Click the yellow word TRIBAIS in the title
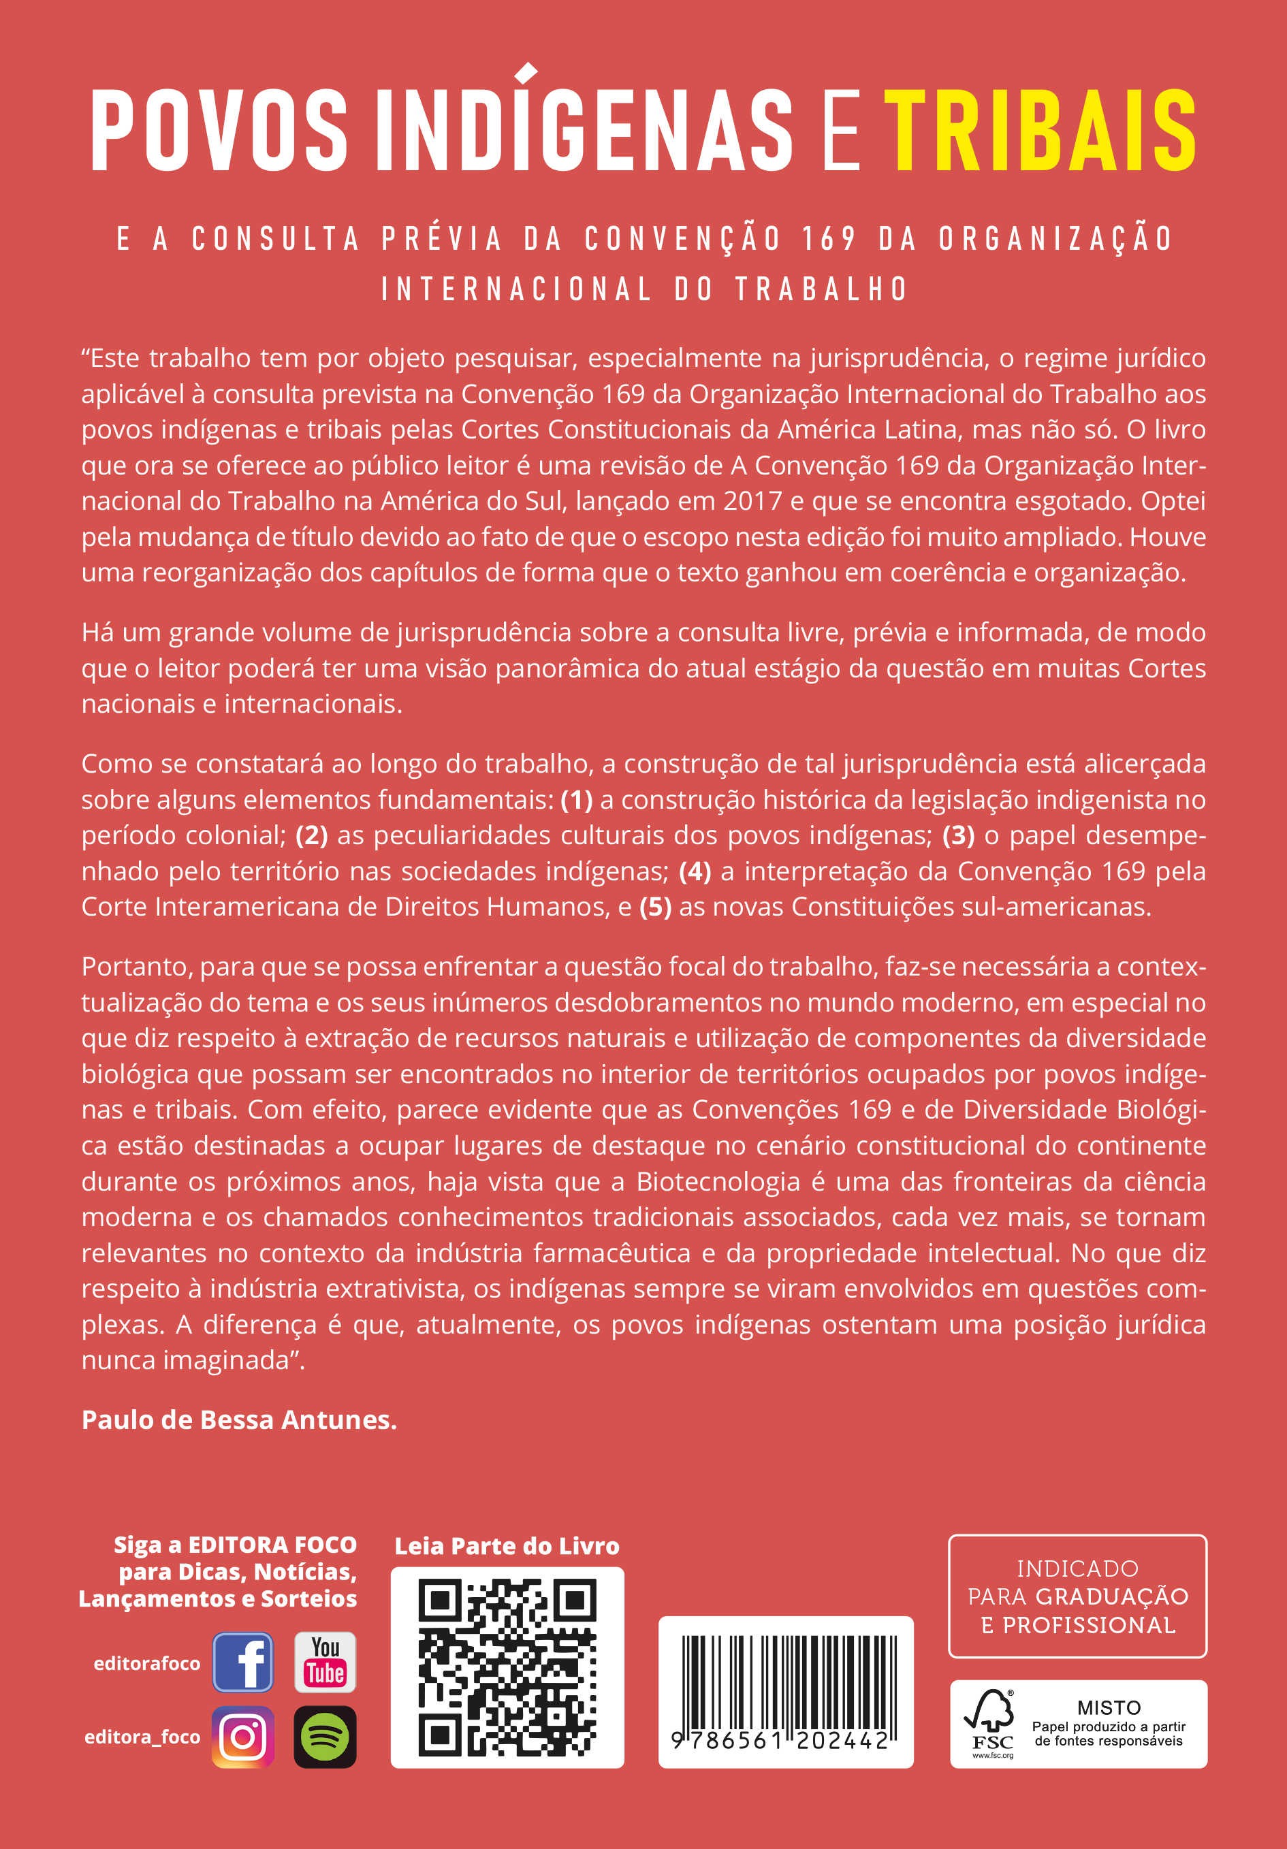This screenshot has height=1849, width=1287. [1040, 131]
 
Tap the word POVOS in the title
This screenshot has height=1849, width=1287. [219, 131]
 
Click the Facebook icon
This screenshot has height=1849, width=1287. [243, 1662]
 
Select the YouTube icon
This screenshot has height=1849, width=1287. [325, 1662]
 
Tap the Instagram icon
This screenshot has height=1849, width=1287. [243, 1737]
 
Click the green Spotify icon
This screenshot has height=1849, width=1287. [325, 1737]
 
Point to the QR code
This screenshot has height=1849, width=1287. [507, 1667]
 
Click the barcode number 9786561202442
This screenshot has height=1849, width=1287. [780, 1741]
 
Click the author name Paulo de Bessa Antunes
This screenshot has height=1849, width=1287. [239, 1420]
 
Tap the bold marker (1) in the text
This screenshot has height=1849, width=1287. [577, 800]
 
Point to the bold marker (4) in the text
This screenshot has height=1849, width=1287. [695, 871]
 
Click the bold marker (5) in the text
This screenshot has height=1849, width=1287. [656, 907]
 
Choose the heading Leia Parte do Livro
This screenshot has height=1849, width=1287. [507, 1546]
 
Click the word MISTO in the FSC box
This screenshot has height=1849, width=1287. [1109, 1707]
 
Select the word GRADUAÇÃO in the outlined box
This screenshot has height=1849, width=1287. [1112, 1597]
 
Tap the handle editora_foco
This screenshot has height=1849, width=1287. [142, 1737]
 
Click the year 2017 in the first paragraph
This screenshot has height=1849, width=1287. [752, 501]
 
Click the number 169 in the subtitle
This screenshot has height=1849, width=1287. [829, 239]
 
